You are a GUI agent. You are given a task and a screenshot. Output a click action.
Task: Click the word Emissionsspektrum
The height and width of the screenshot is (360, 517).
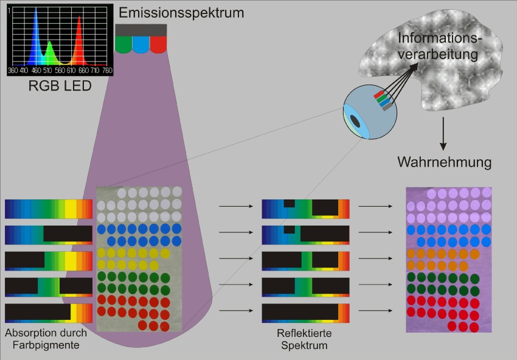pyautogui.click(x=181, y=13)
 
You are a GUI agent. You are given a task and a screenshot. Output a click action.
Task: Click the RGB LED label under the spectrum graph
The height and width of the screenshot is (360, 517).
pyautogui.click(x=60, y=86)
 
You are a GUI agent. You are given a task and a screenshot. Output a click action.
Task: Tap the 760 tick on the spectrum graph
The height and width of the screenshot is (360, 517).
pyautogui.click(x=107, y=70)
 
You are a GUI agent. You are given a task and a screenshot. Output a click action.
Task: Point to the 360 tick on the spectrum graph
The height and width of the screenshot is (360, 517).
pyautogui.click(x=13, y=70)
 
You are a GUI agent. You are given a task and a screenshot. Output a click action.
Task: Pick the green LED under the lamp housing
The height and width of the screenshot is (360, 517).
pyautogui.click(x=123, y=44)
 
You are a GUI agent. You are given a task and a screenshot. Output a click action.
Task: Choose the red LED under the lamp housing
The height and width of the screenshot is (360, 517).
pyautogui.click(x=158, y=44)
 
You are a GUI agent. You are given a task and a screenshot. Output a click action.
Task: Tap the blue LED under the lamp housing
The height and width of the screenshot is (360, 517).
pyautogui.click(x=141, y=44)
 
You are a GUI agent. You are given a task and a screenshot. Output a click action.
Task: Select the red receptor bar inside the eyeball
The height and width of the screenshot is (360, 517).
pyautogui.click(x=379, y=95)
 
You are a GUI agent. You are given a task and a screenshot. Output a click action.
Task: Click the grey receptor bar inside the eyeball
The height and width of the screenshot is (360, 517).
pyautogui.click(x=387, y=106)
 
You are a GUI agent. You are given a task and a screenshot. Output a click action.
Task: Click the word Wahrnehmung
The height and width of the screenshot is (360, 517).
pyautogui.click(x=444, y=162)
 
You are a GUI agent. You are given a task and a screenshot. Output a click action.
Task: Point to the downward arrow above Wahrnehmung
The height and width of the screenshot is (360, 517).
pyautogui.click(x=443, y=134)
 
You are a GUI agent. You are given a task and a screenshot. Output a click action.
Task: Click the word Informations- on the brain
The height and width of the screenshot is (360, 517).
pyautogui.click(x=440, y=38)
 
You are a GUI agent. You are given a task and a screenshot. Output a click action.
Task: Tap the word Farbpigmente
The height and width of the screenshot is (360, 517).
pyautogui.click(x=46, y=345)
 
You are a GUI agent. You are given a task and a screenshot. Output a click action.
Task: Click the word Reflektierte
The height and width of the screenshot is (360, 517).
pyautogui.click(x=304, y=333)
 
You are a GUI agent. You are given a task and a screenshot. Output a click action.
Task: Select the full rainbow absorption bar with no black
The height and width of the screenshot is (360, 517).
pyautogui.click(x=49, y=209)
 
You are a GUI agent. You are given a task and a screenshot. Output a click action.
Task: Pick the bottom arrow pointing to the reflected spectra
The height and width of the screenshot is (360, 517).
pyautogui.click(x=236, y=311)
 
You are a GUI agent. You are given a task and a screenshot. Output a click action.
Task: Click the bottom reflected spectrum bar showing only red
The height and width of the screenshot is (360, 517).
pyautogui.click(x=306, y=313)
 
